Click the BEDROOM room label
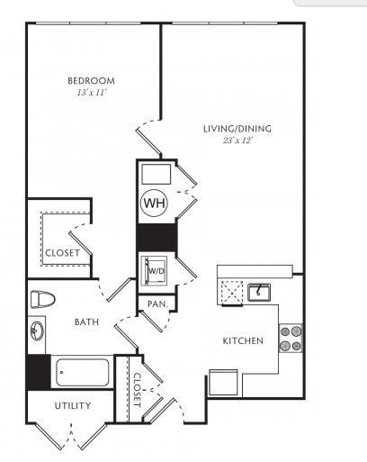coord(91,81)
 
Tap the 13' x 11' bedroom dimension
coord(92,93)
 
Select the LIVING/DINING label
coord(237,129)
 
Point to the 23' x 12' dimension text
coord(238,140)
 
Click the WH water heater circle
coord(154,203)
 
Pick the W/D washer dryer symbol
coord(155,271)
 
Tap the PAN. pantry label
coord(157,304)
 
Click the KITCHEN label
coord(243,340)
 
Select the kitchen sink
coord(259,292)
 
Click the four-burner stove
coord(291,339)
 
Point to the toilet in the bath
coord(43,299)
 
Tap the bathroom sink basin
coord(37,331)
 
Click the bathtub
coord(83,372)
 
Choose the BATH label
coord(86,322)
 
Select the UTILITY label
coord(73,405)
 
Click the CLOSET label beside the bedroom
coord(63,253)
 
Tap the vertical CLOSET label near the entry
coord(137,390)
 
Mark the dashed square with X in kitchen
coord(232,293)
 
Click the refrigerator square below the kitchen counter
coord(223,382)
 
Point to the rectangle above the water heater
coord(157,174)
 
